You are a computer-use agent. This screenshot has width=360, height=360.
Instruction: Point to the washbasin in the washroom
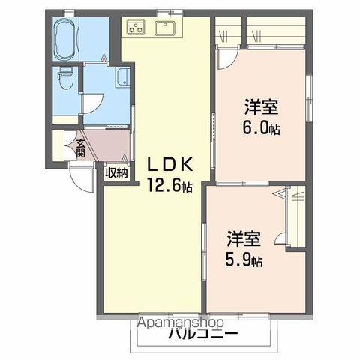[x=122, y=76]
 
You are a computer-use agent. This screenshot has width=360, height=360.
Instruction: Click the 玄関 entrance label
[x=80, y=148]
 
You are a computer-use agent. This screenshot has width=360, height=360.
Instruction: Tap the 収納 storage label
[x=115, y=173]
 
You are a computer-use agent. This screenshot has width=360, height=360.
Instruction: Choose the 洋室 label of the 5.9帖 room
[x=244, y=241]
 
